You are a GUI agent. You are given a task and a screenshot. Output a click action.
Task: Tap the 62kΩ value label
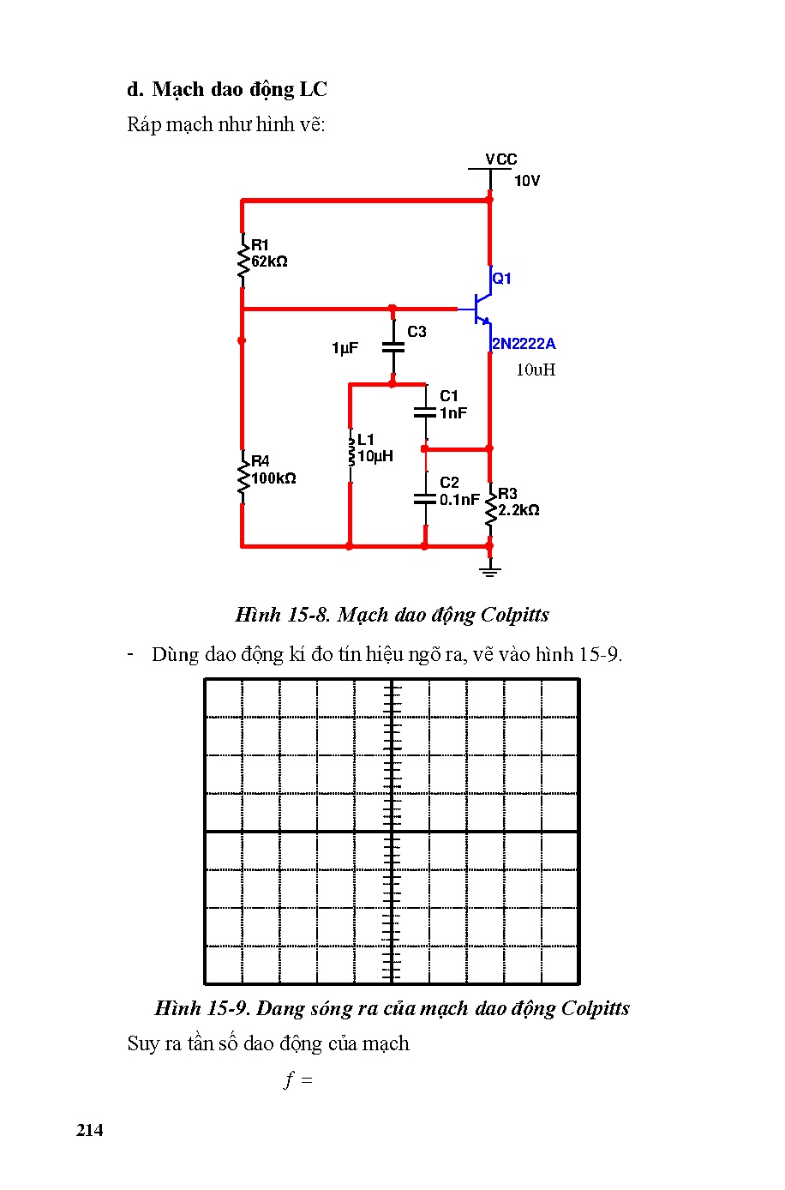pyautogui.click(x=270, y=262)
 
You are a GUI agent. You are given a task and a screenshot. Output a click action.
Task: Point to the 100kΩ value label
pyautogui.click(x=273, y=478)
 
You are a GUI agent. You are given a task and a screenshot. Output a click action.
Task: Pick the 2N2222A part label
pyautogui.click(x=523, y=344)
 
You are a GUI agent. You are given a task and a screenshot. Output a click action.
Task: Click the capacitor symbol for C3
pyautogui.click(x=392, y=347)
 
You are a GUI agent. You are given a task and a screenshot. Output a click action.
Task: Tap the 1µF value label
pyautogui.click(x=345, y=348)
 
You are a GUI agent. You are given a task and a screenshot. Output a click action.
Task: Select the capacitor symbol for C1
pyautogui.click(x=424, y=412)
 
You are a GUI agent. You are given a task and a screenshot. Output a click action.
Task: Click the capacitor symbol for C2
pyautogui.click(x=424, y=498)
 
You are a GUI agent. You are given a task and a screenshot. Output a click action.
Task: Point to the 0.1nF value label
pyautogui.click(x=459, y=500)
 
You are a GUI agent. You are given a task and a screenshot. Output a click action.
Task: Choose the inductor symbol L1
pyautogui.click(x=350, y=452)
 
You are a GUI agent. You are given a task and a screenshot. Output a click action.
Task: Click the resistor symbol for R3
pyautogui.click(x=490, y=510)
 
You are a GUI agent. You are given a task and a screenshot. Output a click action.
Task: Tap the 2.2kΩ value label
pyautogui.click(x=519, y=510)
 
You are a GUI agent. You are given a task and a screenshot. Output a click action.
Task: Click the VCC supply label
pyautogui.click(x=500, y=159)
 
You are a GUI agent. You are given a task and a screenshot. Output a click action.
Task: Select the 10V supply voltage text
pyautogui.click(x=527, y=181)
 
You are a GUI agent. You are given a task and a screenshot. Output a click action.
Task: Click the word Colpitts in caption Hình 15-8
pyautogui.click(x=514, y=615)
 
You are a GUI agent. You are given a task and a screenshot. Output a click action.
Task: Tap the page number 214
pyautogui.click(x=89, y=1130)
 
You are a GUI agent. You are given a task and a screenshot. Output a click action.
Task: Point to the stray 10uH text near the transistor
pyautogui.click(x=536, y=370)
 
